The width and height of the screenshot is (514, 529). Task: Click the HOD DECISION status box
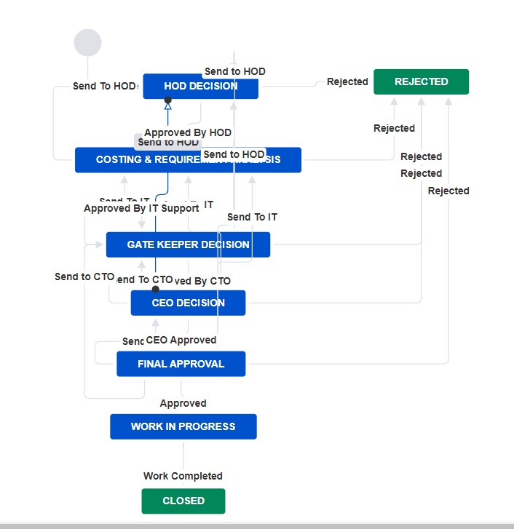pyautogui.click(x=200, y=86)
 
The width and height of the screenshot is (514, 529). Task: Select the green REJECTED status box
pyautogui.click(x=421, y=81)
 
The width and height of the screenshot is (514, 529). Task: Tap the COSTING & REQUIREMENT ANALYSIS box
pyautogui.click(x=188, y=160)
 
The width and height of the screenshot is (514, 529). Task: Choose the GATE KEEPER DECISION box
pyautogui.click(x=188, y=244)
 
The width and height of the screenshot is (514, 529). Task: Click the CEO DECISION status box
pyautogui.click(x=188, y=303)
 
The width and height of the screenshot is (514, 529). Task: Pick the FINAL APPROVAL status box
pyautogui.click(x=181, y=364)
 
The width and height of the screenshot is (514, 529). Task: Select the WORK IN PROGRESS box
pyautogui.click(x=183, y=426)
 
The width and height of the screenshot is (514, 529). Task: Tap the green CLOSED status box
pyautogui.click(x=183, y=501)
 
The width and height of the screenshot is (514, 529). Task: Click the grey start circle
pyautogui.click(x=87, y=43)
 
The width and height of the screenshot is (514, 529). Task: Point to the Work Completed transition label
pyautogui.click(x=183, y=476)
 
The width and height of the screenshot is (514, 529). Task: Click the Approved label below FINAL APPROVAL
pyautogui.click(x=183, y=403)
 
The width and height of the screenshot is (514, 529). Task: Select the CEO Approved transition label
pyautogui.click(x=181, y=340)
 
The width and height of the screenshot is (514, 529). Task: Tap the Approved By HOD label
pyautogui.click(x=188, y=132)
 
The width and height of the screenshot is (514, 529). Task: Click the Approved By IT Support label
pyautogui.click(x=141, y=208)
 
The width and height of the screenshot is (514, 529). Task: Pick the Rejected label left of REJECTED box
pyautogui.click(x=347, y=81)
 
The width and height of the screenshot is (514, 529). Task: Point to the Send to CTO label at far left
pyautogui.click(x=84, y=277)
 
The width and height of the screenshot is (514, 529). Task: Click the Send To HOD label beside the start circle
pyautogui.click(x=104, y=86)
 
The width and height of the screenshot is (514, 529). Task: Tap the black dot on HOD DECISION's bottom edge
pyautogui.click(x=168, y=100)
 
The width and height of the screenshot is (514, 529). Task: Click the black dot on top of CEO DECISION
pyautogui.click(x=155, y=289)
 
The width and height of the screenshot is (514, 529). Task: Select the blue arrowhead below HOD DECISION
pyautogui.click(x=168, y=106)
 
